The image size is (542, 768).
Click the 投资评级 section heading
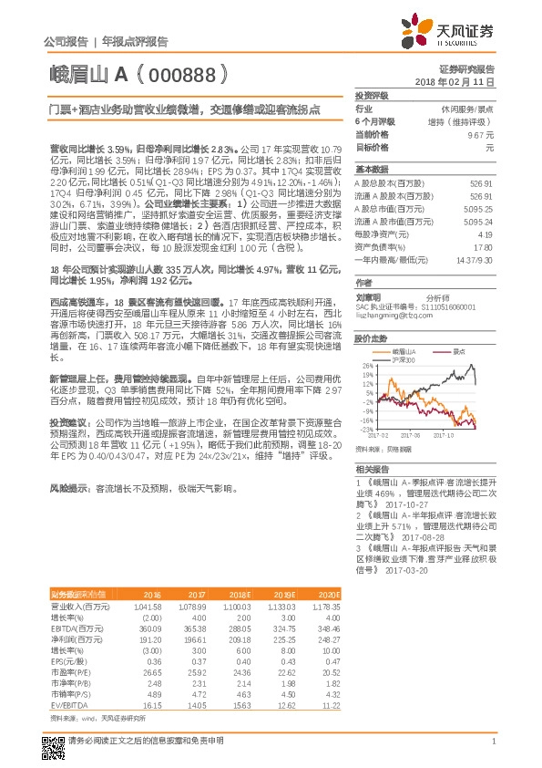[x=372, y=95]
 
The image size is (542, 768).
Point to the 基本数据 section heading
[x=372, y=170]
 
